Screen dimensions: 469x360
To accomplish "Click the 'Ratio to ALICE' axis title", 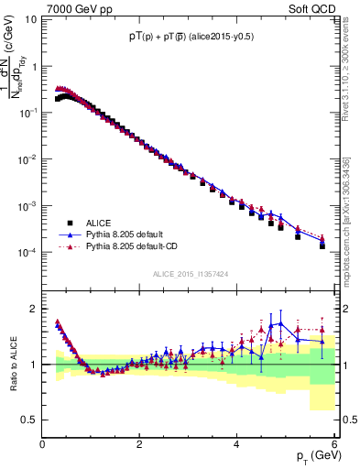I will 12,365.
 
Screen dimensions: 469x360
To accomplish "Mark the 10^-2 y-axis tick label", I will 27,159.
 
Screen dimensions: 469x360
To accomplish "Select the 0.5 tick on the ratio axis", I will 29,420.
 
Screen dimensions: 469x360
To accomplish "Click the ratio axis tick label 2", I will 34,309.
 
